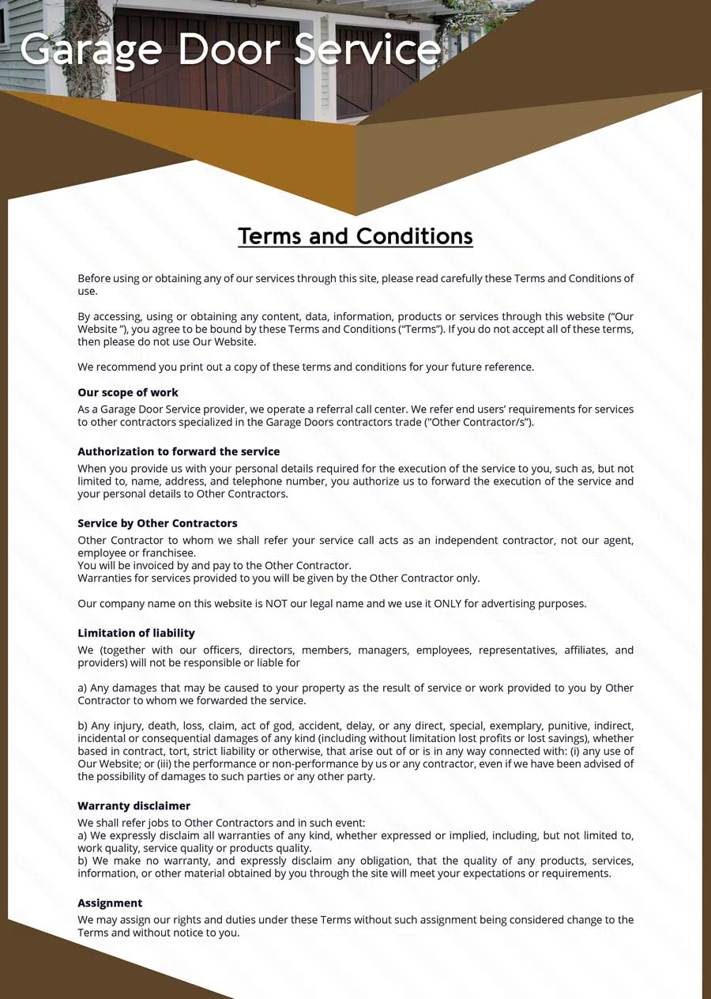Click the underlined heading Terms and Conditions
pos(355,236)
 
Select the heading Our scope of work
pos(128,393)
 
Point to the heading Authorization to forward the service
pos(179,452)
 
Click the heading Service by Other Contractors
pos(157,523)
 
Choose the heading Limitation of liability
pos(136,633)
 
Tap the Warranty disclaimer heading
pos(134,806)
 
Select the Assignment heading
pos(110,903)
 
